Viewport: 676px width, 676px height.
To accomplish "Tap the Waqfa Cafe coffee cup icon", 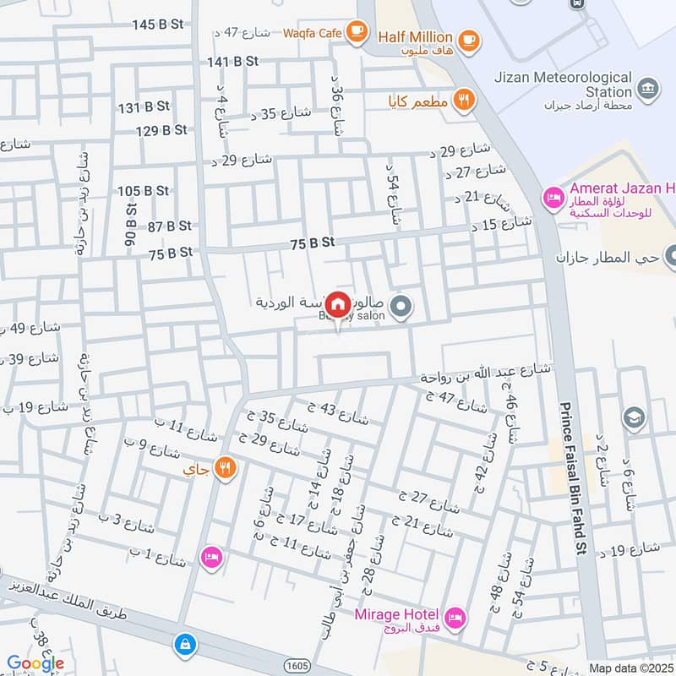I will click(357, 32).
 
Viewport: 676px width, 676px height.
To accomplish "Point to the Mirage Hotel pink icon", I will click(455, 618).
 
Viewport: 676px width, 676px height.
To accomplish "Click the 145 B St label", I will click(158, 25).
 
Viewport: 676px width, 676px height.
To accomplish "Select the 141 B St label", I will click(232, 62).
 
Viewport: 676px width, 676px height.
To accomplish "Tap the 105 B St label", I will click(144, 191).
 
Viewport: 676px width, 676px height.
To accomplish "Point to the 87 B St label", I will click(169, 226).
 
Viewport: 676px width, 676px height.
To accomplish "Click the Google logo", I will click(35, 663).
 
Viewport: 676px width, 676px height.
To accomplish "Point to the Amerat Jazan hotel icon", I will click(553, 198).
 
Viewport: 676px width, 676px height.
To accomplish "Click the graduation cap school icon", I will click(632, 417).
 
